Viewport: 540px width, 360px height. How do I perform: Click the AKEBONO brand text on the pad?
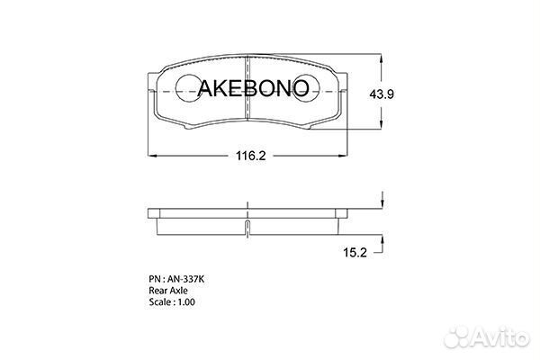(253, 88)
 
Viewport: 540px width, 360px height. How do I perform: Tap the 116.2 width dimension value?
(251, 156)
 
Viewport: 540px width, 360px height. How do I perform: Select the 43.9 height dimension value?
(382, 94)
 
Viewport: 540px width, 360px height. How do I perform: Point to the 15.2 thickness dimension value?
(355, 253)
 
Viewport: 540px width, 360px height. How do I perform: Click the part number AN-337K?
(186, 279)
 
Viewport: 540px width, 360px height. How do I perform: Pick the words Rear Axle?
(168, 291)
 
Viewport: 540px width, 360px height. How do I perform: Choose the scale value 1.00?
(186, 302)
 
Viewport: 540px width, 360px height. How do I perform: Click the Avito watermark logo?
(487, 337)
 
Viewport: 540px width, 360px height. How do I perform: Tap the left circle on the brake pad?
(189, 88)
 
